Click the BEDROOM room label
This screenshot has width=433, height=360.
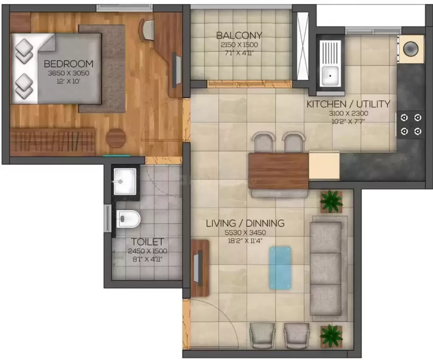pos(69,64)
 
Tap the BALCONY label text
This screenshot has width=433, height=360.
pos(239,35)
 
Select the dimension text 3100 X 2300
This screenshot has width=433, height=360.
pos(349,113)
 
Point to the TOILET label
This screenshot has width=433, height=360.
pos(148,242)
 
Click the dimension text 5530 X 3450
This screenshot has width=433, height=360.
pos(245,233)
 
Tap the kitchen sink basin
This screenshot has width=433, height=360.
pos(330,75)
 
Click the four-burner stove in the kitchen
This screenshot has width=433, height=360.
pos(411,125)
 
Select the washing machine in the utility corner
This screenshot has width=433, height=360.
pos(411,49)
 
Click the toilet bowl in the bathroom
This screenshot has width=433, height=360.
pos(128,219)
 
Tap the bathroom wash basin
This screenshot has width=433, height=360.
pos(125,181)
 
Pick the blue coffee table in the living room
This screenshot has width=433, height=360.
pos(280,268)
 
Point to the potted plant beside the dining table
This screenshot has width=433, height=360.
pos(331,202)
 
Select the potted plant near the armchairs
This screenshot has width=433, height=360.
pos(331,336)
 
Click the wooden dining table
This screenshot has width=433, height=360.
pos(278,171)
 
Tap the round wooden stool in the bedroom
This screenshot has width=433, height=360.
pos(116,137)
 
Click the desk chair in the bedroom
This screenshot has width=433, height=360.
pos(148,30)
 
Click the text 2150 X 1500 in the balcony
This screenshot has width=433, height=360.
pos(239,45)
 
